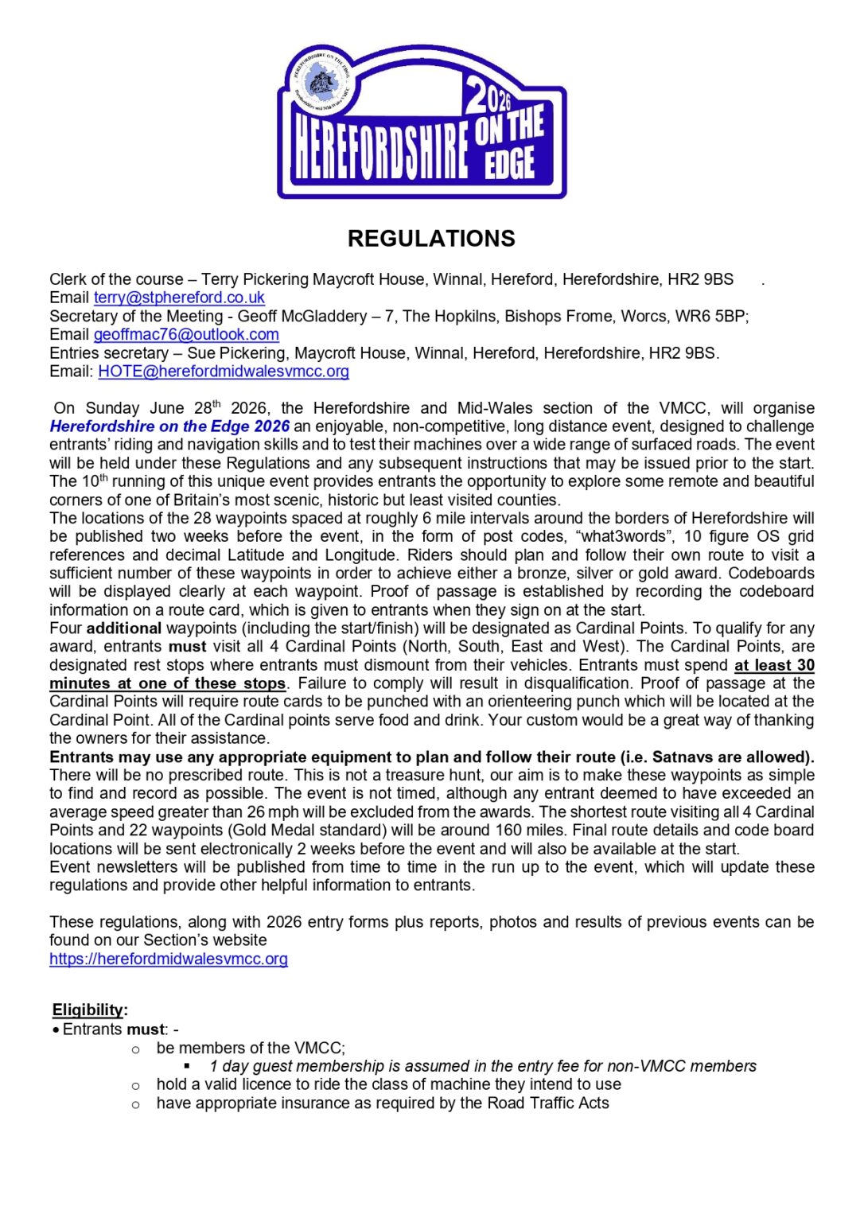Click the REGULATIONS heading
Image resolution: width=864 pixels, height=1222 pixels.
coord(431,239)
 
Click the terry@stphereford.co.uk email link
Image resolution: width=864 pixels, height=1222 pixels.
coord(179,298)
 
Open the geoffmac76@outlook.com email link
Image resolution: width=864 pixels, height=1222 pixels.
coord(186,334)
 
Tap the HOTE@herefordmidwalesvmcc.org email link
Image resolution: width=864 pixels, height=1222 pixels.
coord(224,372)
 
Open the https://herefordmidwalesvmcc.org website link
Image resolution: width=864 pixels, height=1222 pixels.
coord(169,959)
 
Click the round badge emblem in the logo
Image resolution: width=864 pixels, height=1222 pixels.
coord(320,82)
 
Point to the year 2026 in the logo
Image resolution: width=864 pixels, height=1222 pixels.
coord(489,96)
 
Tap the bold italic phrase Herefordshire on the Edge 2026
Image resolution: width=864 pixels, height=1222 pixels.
coord(169,426)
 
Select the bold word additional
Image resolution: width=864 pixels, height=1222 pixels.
coord(123,629)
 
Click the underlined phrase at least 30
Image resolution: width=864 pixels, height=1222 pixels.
coord(773,665)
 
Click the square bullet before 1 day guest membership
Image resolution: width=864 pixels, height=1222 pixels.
coord(188,1066)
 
